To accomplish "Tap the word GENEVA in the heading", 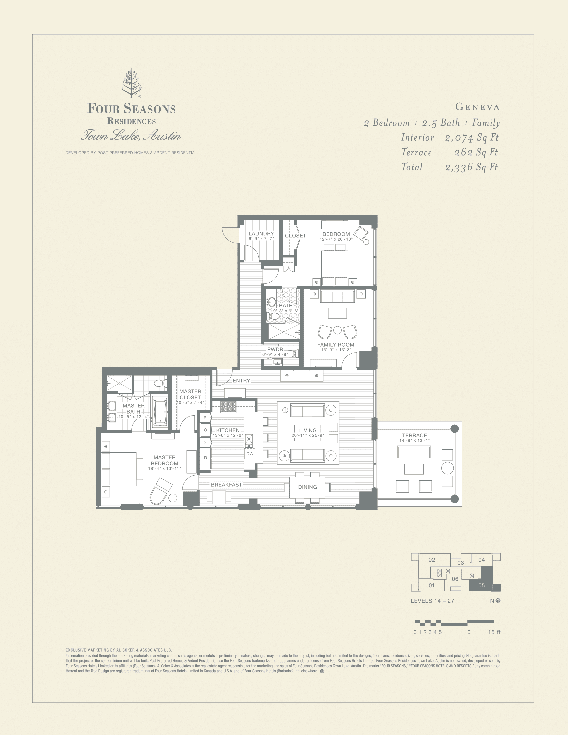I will click(477, 107).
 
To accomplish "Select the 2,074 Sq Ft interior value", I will click(471, 137).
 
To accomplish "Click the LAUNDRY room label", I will click(261, 233).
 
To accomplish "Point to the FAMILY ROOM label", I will click(336, 345).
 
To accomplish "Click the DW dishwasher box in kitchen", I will click(250, 454).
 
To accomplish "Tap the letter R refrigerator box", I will click(205, 458).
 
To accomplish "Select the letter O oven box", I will click(205, 430).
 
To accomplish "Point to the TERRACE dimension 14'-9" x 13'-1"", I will click(414, 440).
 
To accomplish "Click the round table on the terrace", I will click(447, 468).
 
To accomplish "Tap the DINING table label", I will click(307, 487).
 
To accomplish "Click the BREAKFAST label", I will click(226, 485).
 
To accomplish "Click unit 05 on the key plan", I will click(481, 585).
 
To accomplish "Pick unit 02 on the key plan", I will click(432, 560).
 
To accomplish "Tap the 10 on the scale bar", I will click(467, 632).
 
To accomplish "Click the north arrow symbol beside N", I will click(498, 601).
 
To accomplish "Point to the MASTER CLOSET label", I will click(190, 394).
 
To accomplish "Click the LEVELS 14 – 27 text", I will click(432, 601).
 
